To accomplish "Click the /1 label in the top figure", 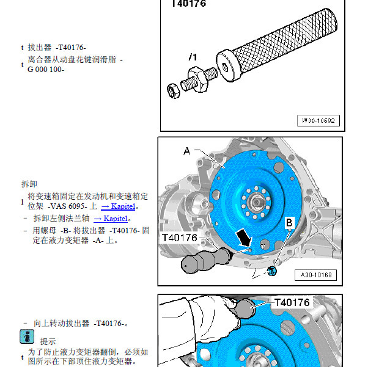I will click(193, 57).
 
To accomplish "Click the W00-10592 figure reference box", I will click(318, 121).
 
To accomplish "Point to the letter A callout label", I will click(187, 150).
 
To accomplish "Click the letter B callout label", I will click(289, 223).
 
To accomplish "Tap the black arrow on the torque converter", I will click(242, 236).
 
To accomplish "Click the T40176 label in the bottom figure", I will click(292, 302).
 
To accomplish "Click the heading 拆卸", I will click(29, 183).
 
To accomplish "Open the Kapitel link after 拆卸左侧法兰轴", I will click(111, 218).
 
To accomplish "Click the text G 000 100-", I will click(46, 70).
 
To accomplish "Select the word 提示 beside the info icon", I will click(48, 341).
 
